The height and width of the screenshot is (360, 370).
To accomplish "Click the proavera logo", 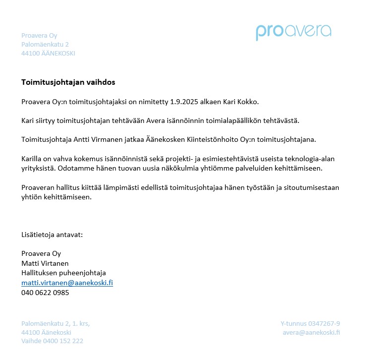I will [293, 32].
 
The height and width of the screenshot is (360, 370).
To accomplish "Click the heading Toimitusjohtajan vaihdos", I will [68, 82].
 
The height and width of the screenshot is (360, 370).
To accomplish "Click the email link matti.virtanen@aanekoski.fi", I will [67, 283].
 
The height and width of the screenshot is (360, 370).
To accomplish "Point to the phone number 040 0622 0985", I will [45, 293].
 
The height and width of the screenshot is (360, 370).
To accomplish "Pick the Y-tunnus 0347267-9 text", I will [310, 323].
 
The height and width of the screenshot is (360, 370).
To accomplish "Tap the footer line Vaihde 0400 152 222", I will [52, 341].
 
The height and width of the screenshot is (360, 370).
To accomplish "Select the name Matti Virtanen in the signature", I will [45, 263].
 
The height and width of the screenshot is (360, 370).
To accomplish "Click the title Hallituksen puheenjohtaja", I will [63, 273].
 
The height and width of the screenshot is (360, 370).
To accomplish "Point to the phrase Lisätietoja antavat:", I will [52, 235].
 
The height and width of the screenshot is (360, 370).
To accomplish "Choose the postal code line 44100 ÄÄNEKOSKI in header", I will [48, 54].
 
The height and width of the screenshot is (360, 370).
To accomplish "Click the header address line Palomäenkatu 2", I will [45, 45].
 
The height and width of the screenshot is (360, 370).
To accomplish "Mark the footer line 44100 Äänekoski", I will [46, 332].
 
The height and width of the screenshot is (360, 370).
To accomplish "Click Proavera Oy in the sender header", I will [39, 35].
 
